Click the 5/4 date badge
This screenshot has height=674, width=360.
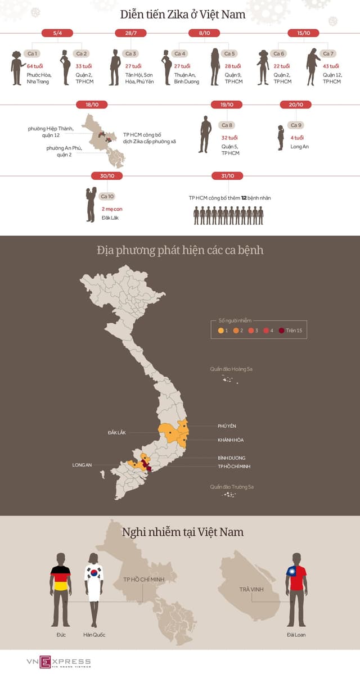(x=57, y=33)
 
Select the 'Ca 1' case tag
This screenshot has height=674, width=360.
(x=33, y=54)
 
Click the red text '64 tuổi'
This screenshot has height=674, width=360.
(x=35, y=66)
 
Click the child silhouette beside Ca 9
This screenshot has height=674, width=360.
(x=281, y=138)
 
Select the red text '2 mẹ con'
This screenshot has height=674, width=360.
(x=111, y=209)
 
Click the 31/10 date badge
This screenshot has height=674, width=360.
(x=227, y=176)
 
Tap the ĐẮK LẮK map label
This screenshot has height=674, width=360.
(x=117, y=433)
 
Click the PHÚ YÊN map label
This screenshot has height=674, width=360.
(x=227, y=426)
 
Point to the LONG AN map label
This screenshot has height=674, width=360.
(x=82, y=465)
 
